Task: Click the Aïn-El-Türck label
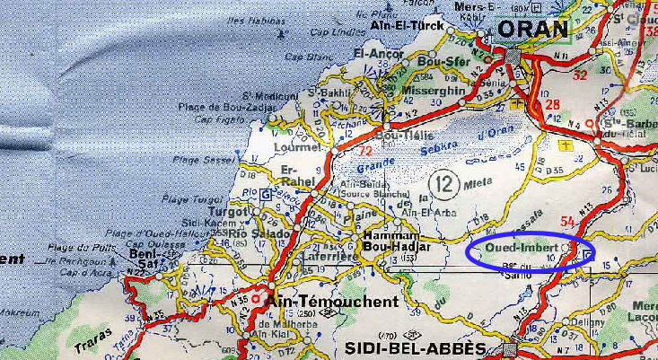408,26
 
